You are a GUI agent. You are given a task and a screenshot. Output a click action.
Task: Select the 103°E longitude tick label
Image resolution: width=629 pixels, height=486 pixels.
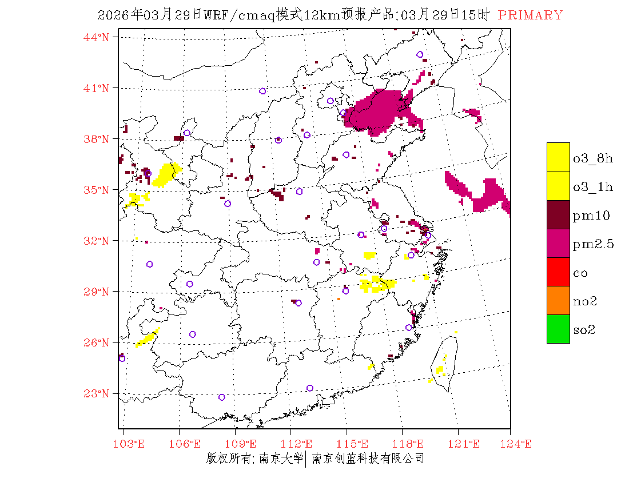[x=131, y=444]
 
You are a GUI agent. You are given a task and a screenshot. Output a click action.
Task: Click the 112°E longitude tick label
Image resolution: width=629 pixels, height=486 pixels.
[x=300, y=444]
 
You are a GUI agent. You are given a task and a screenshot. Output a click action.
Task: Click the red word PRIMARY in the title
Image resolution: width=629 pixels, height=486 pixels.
[x=530, y=15]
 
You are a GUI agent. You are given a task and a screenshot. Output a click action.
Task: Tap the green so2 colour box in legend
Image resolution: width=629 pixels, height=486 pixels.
[x=558, y=329]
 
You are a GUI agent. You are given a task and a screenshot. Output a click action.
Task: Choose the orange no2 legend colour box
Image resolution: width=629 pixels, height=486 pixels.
[x=558, y=300]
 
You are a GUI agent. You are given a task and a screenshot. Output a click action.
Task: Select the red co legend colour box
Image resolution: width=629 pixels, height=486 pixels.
[x=558, y=272]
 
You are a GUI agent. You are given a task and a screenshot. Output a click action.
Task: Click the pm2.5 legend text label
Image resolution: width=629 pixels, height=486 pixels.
[x=593, y=245]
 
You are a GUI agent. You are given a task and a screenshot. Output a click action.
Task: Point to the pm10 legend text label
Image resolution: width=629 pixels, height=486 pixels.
[x=591, y=216]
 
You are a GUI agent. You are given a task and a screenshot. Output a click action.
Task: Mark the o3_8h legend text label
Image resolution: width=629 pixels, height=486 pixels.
[x=592, y=158]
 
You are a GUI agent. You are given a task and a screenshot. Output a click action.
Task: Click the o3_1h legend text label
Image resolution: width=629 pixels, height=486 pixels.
[x=592, y=187]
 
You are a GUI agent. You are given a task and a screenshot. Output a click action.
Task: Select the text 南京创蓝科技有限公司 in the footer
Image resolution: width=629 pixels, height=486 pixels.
[x=368, y=458]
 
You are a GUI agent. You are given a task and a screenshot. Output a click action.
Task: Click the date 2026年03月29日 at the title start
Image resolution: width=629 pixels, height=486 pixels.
[x=149, y=15]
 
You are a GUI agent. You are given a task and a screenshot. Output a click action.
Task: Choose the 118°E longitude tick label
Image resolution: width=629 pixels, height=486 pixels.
[x=412, y=444]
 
